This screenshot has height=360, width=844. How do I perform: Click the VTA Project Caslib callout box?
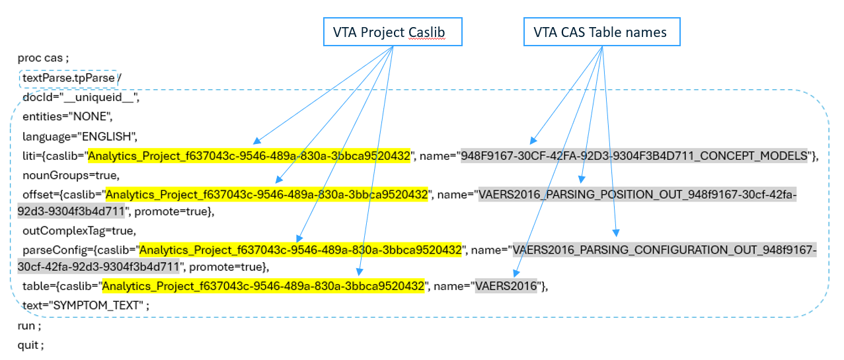pos(393,32)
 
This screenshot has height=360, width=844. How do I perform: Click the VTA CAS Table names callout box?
pos(601,32)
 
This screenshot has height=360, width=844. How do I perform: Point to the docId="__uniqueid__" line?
pos(81,98)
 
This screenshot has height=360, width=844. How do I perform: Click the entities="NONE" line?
pos(68,117)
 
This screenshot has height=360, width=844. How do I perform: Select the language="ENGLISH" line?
pos(79,137)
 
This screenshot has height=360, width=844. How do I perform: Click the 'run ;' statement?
pos(29,326)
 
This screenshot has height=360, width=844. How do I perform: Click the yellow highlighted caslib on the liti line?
pos(249,156)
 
